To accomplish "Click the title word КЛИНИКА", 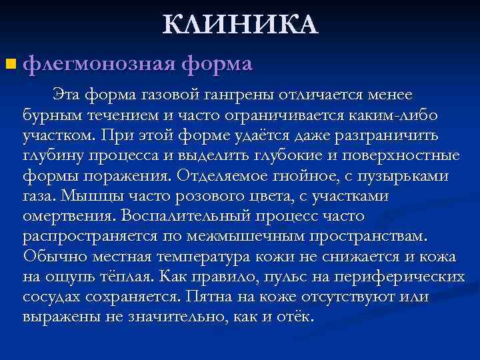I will point(241,25).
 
